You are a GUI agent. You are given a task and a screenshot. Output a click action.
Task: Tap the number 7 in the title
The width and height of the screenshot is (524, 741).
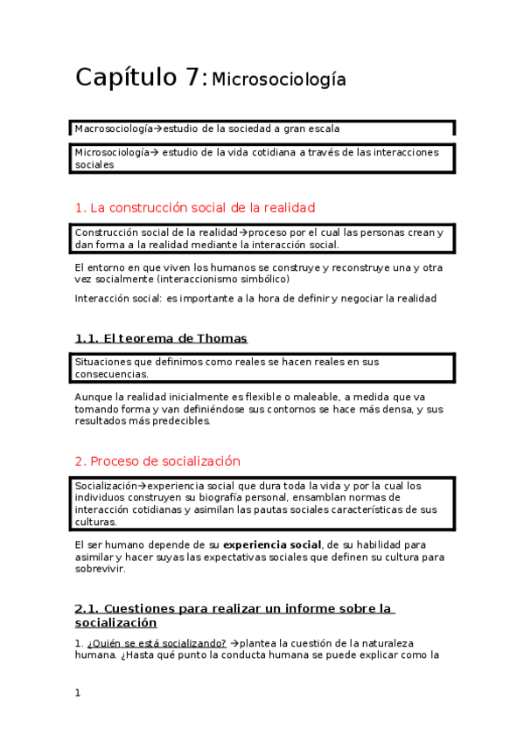tap(194, 78)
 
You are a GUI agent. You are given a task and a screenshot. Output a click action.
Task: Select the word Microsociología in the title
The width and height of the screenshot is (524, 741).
tap(279, 80)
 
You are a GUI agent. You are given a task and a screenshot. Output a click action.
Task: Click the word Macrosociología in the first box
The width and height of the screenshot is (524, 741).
tap(113, 128)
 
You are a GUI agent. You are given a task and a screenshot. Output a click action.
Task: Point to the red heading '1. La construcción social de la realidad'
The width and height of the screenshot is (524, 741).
tap(194, 208)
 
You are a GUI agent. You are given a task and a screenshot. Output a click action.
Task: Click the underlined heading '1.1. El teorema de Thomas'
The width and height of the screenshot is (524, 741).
tap(161, 338)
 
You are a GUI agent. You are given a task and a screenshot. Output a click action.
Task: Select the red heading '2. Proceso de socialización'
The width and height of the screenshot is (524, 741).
tap(157, 461)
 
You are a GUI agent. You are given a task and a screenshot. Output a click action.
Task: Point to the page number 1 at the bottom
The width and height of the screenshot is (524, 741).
tap(78, 692)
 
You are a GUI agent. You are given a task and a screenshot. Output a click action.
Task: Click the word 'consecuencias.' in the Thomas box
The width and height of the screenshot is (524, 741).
tap(111, 374)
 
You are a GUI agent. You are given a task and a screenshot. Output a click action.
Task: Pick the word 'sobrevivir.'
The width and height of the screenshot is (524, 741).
tap(101, 569)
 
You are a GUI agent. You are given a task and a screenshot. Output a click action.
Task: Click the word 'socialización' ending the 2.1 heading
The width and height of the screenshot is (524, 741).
tap(115, 623)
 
